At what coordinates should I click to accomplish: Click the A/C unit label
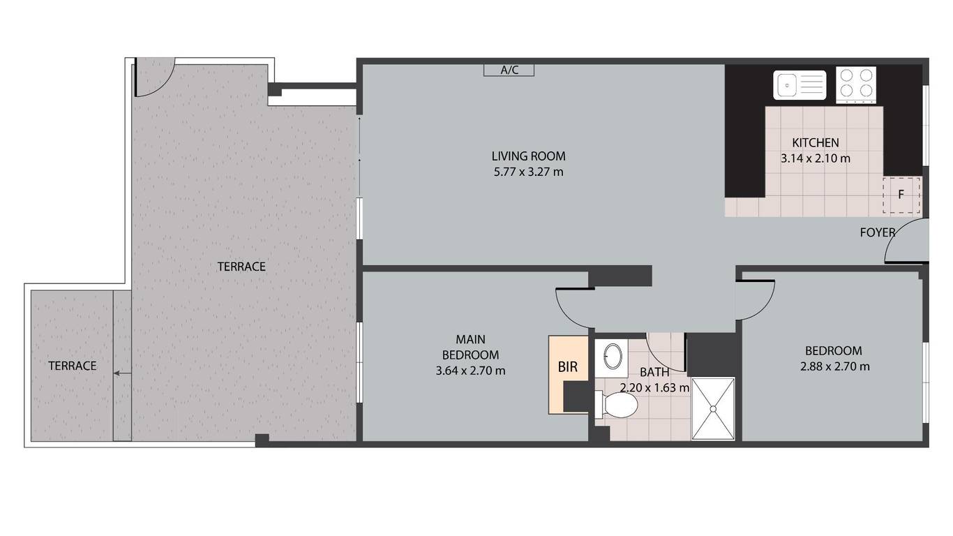point(509,70)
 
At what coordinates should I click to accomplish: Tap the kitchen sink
point(800,85)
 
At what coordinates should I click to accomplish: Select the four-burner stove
point(856,84)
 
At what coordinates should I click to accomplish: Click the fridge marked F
point(901,195)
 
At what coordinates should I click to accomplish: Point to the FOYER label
point(878,232)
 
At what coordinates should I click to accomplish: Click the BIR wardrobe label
point(568,367)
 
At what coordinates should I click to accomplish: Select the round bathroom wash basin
point(613,356)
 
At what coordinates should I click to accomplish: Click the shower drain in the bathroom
point(714,409)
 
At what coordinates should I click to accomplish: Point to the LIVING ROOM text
point(528,156)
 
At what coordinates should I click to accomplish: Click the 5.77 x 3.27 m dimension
point(528,172)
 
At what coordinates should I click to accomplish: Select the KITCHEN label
point(816,142)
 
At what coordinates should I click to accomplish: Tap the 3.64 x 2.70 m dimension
point(470,371)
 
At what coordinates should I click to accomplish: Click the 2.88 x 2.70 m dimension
point(834,366)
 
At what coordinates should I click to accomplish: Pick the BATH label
point(654,373)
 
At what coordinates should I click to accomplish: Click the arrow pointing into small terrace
point(123,373)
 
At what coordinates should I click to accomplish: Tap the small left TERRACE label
point(73,366)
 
